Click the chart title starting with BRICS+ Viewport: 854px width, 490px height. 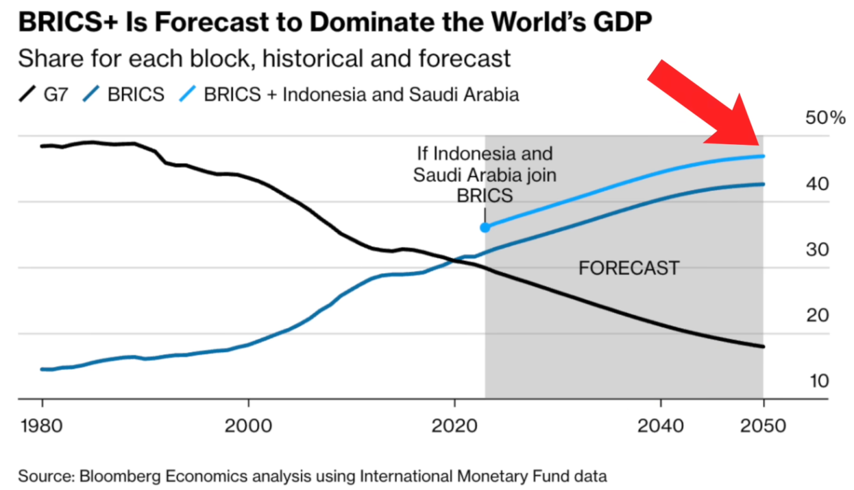coord(335,23)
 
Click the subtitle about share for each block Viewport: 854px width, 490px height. coord(264,59)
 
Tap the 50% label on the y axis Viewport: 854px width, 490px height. coord(824,118)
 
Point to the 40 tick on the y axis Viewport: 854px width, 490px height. coord(817,185)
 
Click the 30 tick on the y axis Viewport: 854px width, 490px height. coord(817,250)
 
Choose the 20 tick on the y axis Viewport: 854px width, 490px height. coord(817,315)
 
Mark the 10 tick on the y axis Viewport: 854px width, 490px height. coord(817,381)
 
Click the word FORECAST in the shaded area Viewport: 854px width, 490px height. coord(629,268)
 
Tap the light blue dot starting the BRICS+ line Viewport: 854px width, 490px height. coord(485,227)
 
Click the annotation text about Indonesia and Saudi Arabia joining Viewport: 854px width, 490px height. coord(485,175)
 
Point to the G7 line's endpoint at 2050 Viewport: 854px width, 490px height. coord(763,346)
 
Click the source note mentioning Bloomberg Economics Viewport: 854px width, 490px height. coord(312,476)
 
